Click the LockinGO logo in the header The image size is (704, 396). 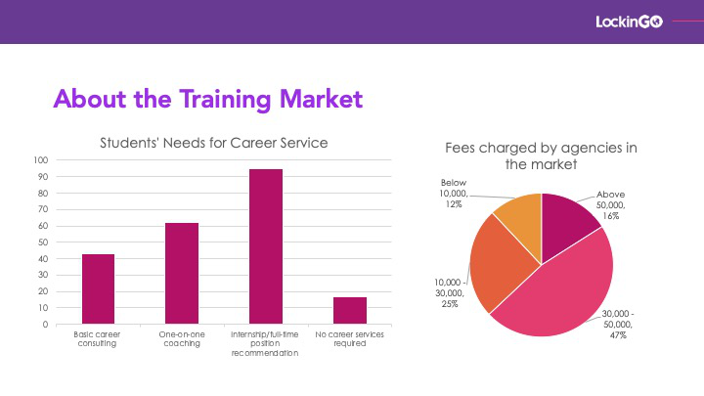tap(629, 22)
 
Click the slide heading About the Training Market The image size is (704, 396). tap(208, 99)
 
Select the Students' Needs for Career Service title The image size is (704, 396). tap(214, 143)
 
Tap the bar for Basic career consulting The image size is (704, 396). tap(98, 289)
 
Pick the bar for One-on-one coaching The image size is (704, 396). tap(182, 274)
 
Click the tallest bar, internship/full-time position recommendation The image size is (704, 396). tap(266, 246)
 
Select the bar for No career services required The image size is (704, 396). tap(350, 311)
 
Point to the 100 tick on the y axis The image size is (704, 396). tap(40, 160)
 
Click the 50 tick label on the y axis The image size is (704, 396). tap(43, 242)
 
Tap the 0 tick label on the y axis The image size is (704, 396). tap(45, 325)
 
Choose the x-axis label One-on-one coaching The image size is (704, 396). tap(182, 339)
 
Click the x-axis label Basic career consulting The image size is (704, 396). tap(97, 339)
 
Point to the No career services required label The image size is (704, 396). tap(349, 339)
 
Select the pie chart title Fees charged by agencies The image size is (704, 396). tap(541, 155)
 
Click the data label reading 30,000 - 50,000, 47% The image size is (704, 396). tap(618, 325)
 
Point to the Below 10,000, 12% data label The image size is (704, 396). tap(454, 194)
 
